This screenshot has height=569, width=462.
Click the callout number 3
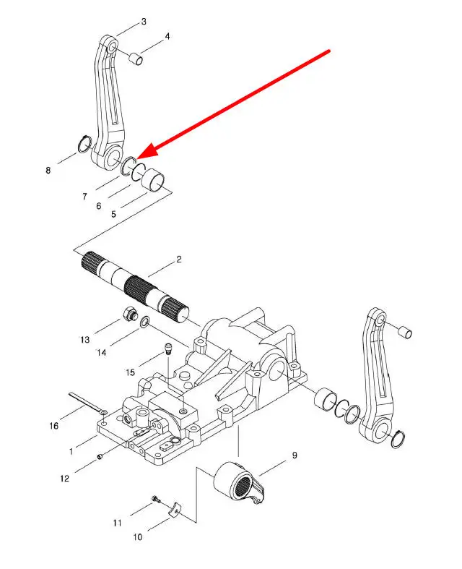tap(144, 22)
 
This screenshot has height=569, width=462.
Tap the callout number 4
tap(167, 37)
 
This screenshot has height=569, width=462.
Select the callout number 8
tap(48, 170)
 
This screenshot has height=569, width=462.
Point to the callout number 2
tap(178, 260)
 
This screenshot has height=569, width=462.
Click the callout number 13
tap(84, 340)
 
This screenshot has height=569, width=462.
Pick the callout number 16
tap(54, 426)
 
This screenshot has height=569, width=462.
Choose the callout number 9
tap(295, 455)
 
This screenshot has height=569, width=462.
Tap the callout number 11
tap(117, 523)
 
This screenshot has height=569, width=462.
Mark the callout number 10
tap(138, 537)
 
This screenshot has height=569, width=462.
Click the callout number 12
tap(64, 479)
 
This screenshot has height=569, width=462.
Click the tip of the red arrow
tap(137, 158)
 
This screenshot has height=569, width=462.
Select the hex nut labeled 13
tap(129, 313)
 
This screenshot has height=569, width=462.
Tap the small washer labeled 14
tap(145, 322)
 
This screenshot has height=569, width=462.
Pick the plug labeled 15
tap(168, 348)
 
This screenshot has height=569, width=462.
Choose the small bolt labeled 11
tap(156, 500)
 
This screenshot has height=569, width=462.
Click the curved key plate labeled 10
tap(175, 509)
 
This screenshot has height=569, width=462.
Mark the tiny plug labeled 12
tap(100, 456)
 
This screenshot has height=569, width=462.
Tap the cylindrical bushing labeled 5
tap(152, 180)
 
